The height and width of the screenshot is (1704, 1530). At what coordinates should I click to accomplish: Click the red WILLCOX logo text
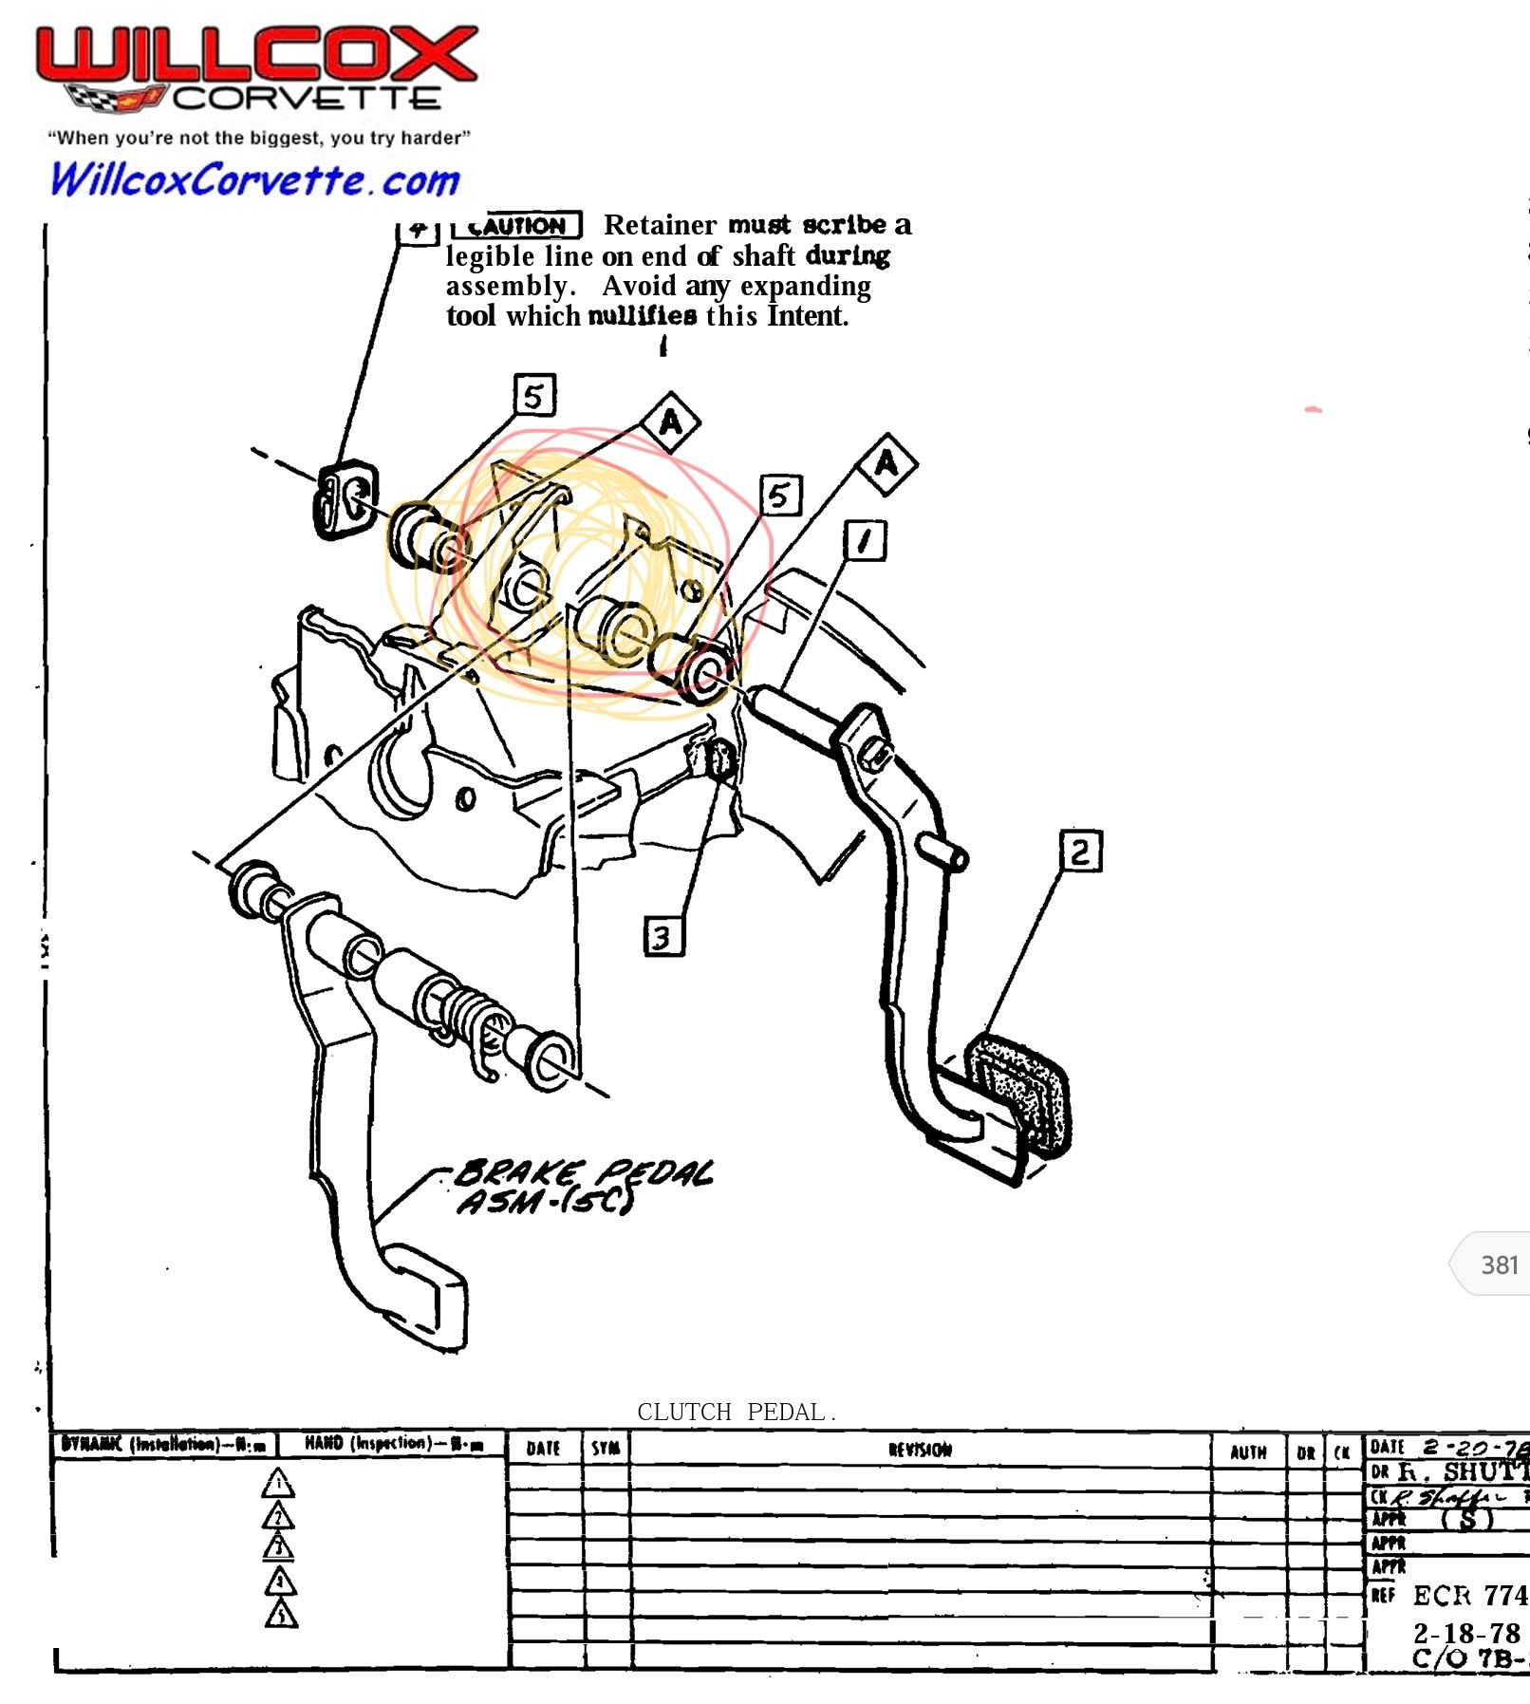click(256, 55)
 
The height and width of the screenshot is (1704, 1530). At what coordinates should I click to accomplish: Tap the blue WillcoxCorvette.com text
click(254, 179)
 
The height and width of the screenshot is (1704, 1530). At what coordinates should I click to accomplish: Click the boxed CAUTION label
click(517, 226)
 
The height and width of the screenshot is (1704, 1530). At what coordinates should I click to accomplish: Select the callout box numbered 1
click(865, 541)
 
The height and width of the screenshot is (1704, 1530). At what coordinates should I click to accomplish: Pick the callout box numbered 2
click(1081, 851)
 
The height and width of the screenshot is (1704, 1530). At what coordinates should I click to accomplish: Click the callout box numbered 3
click(663, 936)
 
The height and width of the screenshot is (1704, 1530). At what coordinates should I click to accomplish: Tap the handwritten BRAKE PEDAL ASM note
click(583, 1187)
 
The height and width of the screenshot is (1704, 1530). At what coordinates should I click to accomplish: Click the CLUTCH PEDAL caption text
click(736, 1413)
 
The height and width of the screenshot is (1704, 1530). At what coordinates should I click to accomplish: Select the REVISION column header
click(920, 1450)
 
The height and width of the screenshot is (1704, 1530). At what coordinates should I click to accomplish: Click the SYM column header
click(606, 1449)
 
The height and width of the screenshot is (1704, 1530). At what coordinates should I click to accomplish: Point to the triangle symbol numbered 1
click(278, 1484)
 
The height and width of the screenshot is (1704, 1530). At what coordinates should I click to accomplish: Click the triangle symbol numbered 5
click(281, 1614)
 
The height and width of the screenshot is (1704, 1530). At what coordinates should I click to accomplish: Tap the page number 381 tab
click(1498, 1264)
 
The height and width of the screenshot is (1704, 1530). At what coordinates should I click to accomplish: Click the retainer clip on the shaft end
click(345, 499)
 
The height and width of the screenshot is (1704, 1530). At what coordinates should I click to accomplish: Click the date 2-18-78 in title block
click(1465, 1633)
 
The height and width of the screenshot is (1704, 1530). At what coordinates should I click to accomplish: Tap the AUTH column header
click(1248, 1451)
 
